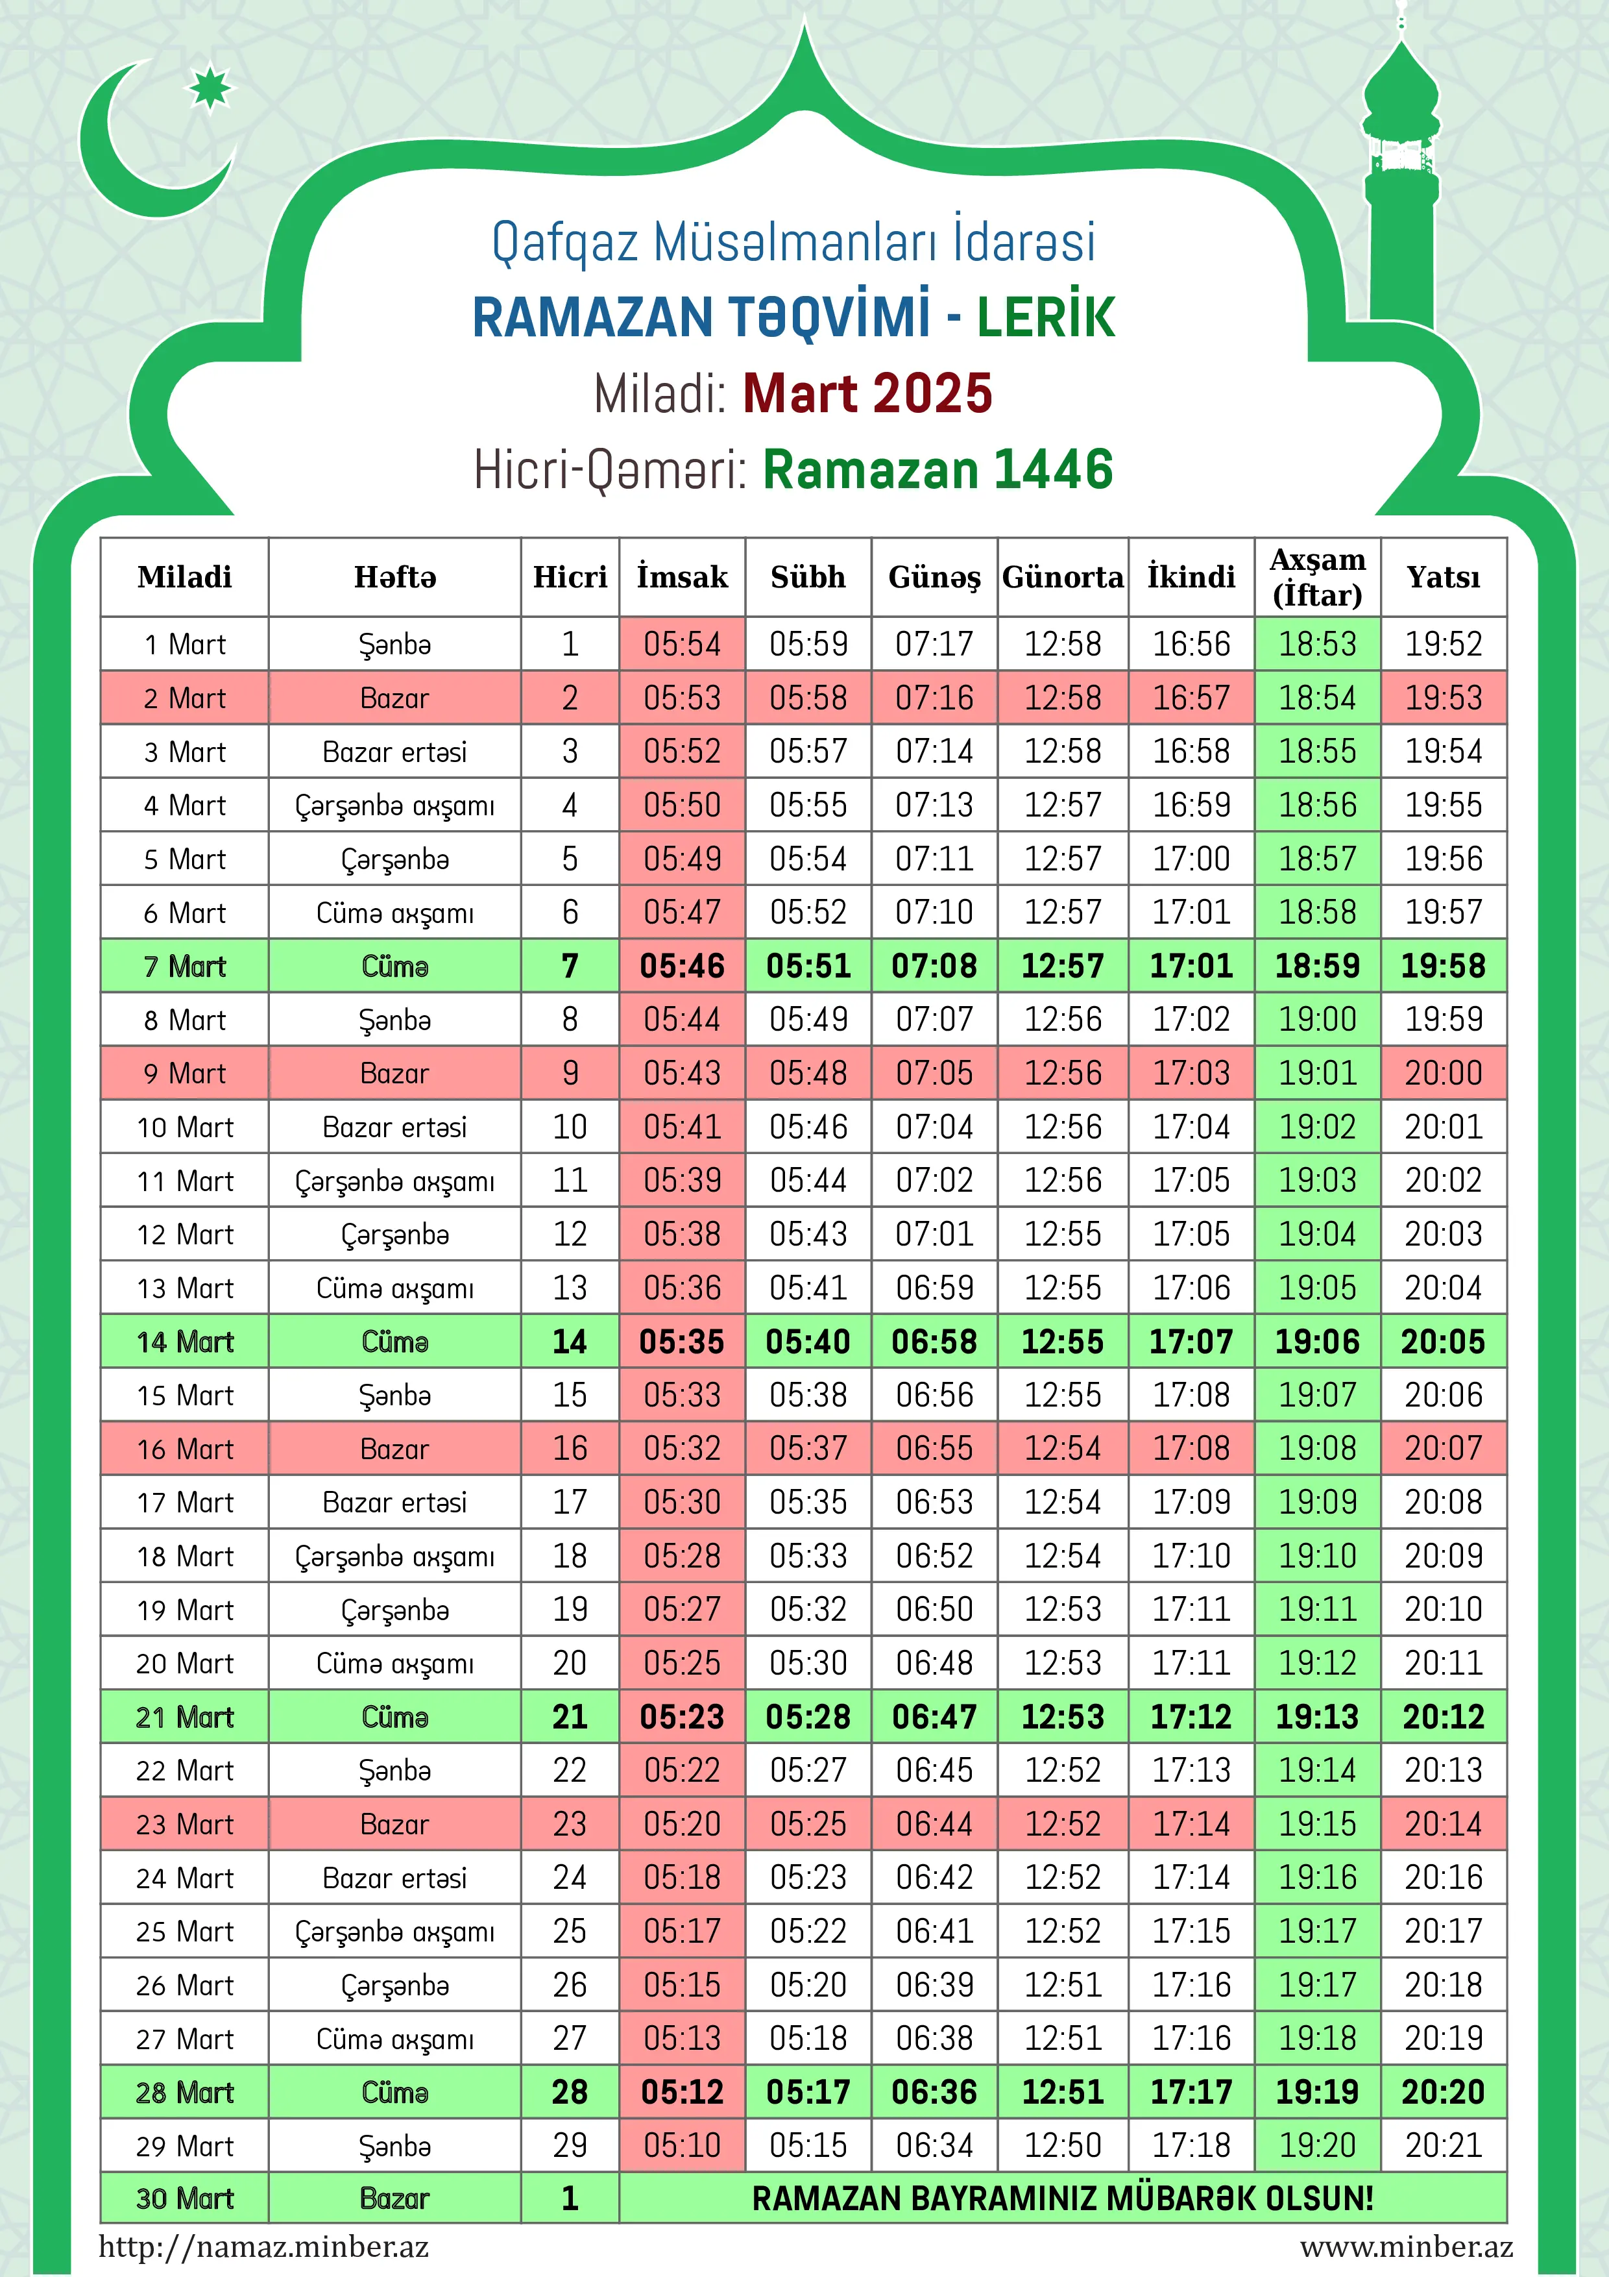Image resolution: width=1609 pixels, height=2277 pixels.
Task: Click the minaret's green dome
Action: (x=1400, y=84)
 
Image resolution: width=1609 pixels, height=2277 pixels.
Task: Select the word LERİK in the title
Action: (x=1046, y=317)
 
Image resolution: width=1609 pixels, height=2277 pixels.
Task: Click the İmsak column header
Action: (x=682, y=577)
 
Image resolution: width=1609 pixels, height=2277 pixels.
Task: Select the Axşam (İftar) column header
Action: (x=1318, y=577)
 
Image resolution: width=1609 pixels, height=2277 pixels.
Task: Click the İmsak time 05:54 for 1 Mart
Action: (x=682, y=645)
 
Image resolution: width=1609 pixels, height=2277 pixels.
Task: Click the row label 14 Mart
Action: (x=186, y=1342)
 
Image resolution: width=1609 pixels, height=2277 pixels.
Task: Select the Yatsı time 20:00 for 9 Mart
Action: (x=1444, y=1073)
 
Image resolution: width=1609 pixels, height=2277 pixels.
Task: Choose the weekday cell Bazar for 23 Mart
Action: (x=394, y=1824)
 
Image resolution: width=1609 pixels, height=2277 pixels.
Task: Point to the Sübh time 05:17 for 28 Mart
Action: (x=808, y=2093)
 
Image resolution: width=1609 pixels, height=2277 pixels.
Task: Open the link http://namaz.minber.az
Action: (x=263, y=2246)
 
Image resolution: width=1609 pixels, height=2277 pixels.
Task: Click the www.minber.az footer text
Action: (x=1406, y=2246)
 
